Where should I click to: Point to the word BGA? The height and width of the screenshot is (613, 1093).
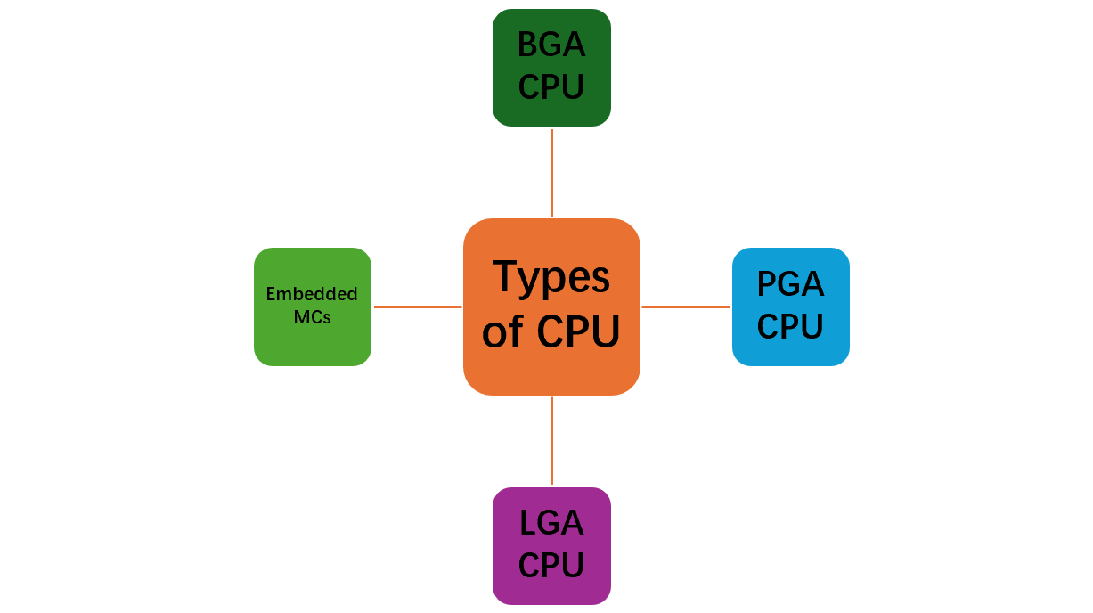551,45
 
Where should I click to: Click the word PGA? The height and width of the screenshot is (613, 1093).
790,284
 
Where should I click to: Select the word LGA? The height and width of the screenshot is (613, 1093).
551,523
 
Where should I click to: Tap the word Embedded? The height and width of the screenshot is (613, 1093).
312,294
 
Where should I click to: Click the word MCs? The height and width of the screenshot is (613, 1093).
312,317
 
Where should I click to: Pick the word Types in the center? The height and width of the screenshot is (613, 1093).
551,278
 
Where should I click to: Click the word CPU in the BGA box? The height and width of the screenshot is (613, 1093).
551,87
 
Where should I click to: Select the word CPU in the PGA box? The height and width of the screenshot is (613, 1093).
790,327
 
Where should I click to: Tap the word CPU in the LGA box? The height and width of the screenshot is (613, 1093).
551,566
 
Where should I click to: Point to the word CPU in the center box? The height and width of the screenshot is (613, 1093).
578,332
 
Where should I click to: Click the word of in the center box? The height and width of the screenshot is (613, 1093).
502,333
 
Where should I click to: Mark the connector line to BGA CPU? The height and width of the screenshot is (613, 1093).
551,172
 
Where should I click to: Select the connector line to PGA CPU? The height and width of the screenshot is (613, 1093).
685,306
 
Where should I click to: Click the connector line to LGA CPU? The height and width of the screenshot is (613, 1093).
551,441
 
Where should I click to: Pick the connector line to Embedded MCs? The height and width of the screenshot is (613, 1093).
417,306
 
